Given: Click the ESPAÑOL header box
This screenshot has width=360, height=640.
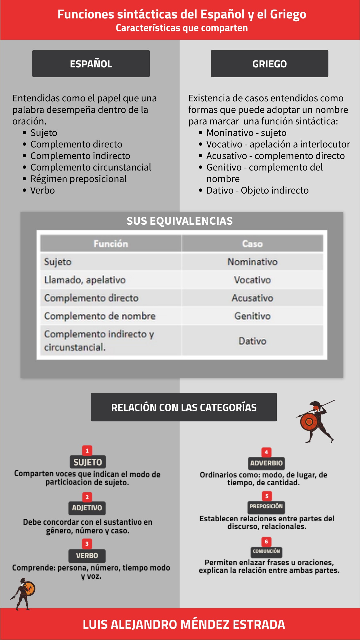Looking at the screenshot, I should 91,64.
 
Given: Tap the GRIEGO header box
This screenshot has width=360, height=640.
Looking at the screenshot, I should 269,64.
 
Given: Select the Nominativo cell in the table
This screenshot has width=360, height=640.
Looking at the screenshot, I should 252,262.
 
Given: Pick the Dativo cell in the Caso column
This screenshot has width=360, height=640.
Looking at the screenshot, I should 252,341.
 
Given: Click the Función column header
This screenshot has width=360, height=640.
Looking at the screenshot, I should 111,244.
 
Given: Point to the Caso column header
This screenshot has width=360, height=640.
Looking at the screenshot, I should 252,244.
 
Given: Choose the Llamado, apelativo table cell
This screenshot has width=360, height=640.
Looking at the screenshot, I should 85,280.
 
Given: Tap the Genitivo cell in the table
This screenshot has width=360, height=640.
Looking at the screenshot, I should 252,316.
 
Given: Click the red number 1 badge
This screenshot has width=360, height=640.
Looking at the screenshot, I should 87,450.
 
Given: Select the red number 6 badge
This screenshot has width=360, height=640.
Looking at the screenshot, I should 266,542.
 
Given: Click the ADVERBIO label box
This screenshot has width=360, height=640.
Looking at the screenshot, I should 266,463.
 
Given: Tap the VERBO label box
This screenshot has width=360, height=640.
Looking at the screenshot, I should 87,556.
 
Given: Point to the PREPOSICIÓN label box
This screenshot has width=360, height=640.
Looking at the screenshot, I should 266,506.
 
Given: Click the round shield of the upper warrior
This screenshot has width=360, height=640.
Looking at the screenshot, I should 309,422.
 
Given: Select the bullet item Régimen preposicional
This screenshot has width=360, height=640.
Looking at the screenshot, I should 78,179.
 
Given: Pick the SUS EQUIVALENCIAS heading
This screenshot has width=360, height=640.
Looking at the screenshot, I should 179,221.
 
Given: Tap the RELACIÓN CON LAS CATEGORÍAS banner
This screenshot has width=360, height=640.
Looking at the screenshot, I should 184,407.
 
